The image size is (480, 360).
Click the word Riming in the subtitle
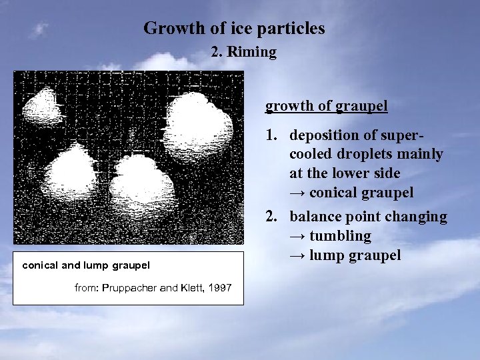click(252, 52)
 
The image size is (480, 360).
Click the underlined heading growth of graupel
click(327, 106)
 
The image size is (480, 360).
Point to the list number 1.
click(270, 135)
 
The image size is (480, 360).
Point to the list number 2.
click(270, 217)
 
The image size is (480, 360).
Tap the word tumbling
click(340, 236)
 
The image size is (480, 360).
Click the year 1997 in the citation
click(219, 288)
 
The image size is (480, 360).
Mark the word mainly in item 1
click(421, 155)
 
